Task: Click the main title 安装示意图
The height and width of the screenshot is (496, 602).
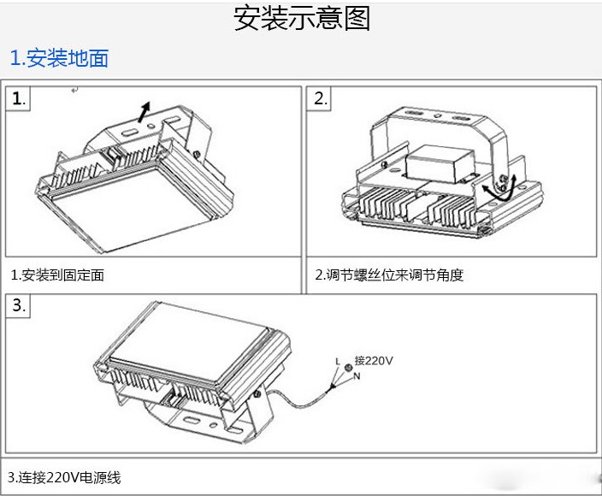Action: point(302,19)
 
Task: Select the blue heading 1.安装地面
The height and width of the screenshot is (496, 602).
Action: point(59,58)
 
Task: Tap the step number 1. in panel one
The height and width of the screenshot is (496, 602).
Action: point(19,98)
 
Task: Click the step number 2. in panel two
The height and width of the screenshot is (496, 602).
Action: point(321,98)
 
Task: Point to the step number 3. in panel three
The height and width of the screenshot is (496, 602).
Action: point(19,306)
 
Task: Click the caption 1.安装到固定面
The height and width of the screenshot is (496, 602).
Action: point(57,275)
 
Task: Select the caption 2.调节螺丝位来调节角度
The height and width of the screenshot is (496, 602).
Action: point(389,275)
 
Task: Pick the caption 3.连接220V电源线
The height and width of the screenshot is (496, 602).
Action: point(64,477)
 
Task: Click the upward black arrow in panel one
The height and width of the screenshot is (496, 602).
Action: point(145,110)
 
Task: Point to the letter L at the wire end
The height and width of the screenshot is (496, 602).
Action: point(338,362)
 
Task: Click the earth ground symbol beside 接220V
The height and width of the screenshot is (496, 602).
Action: point(348,368)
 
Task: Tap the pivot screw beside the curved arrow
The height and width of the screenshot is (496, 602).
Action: point(505,179)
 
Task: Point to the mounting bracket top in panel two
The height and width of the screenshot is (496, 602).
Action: point(436,115)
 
